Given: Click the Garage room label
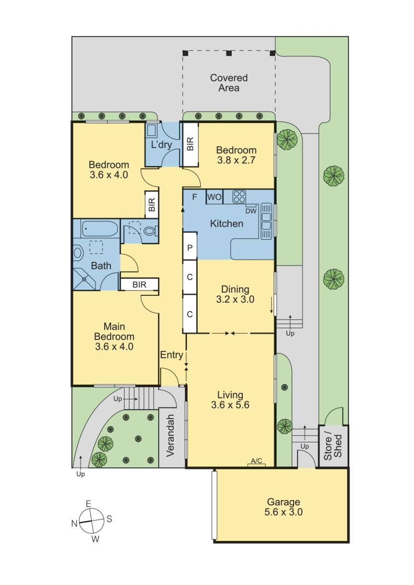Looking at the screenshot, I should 284,507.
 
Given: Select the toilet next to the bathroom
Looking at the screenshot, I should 149,231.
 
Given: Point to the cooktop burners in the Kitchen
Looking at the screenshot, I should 239,196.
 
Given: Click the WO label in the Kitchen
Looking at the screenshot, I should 213,197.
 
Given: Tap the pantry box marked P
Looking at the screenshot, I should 190,248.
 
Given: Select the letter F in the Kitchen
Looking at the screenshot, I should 195,197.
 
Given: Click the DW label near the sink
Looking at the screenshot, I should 250,211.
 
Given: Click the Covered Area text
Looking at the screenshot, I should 229,83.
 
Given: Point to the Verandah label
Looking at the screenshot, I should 172,435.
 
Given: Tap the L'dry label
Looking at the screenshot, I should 162,144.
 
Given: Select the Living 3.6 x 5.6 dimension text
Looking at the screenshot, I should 230,405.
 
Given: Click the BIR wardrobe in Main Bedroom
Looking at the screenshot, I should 139,285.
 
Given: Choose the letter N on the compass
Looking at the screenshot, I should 74,524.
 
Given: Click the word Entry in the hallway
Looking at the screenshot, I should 171,355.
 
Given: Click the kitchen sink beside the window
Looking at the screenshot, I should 265,226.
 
